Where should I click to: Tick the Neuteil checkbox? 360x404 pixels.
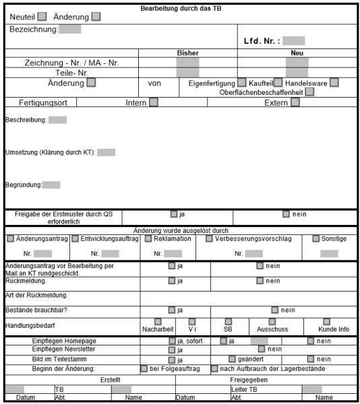point(42,17)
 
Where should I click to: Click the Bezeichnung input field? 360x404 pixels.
point(70,30)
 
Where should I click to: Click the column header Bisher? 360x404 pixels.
point(187,53)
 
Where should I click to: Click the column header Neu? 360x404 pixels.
point(297,53)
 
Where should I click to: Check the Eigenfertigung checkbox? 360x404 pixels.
point(242,83)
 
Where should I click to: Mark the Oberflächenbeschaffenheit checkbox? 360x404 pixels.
point(309,92)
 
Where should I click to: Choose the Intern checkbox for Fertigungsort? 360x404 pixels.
point(154,103)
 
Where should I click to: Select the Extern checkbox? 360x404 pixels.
point(295,103)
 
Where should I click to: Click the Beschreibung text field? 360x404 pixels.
point(57,121)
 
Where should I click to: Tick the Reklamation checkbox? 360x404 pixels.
point(148,238)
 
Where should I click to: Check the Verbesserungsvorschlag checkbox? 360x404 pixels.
point(209,238)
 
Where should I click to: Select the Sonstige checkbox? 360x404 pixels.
point(316,238)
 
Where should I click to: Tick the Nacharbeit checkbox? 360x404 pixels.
point(158,322)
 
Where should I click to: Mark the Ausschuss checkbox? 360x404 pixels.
point(272,322)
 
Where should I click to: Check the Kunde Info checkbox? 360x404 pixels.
point(326,322)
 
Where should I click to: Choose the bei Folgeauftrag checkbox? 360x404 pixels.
point(144,369)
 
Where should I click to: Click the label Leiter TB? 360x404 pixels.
point(244,390)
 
